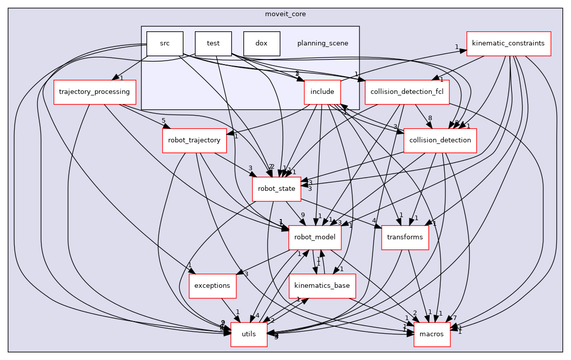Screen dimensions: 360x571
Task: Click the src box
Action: point(165,43)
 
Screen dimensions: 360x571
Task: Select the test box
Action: point(213,43)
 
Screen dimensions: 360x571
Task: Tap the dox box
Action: point(262,43)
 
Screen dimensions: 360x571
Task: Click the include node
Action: point(322,92)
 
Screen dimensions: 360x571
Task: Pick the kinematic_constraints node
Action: point(508,43)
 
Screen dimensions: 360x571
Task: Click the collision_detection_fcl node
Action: point(407,92)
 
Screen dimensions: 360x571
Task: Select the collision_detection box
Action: point(440,140)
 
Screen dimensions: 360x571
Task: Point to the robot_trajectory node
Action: point(194,140)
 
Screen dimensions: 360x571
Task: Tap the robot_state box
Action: point(277,189)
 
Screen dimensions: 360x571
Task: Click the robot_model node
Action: point(315,237)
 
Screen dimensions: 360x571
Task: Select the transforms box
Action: point(405,237)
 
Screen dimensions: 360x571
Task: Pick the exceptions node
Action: point(212,286)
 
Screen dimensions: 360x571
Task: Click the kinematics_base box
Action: point(322,286)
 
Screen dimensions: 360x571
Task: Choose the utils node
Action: point(249,334)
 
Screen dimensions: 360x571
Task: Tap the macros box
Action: point(432,334)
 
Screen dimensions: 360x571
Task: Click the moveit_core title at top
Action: point(285,14)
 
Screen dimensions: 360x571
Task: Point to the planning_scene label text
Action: point(323,43)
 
